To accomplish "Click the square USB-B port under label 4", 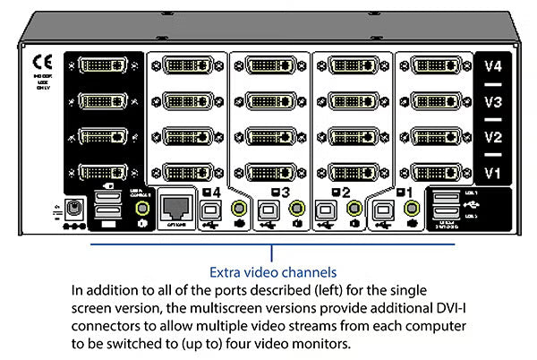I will (212, 210).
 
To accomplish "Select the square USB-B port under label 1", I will (384, 210).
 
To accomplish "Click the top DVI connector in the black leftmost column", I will (101, 65).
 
